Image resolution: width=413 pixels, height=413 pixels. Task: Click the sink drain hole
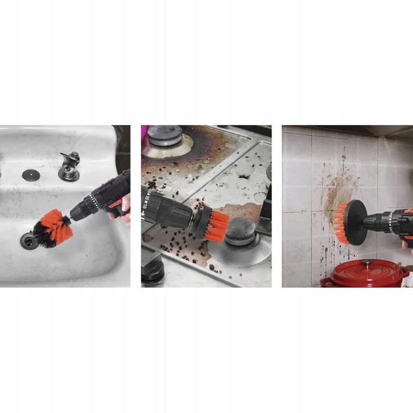[x=28, y=241]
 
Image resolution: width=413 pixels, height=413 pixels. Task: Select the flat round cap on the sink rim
[x=31, y=175]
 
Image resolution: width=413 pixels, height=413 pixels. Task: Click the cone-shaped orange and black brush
[x=51, y=228]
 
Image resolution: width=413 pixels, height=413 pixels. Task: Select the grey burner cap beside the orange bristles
[x=240, y=232]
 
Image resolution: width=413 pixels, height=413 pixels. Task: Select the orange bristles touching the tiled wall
[x=341, y=223]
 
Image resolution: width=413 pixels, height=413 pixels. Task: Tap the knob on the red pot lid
[x=367, y=263]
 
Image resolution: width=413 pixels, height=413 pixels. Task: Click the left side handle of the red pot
[x=324, y=282]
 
